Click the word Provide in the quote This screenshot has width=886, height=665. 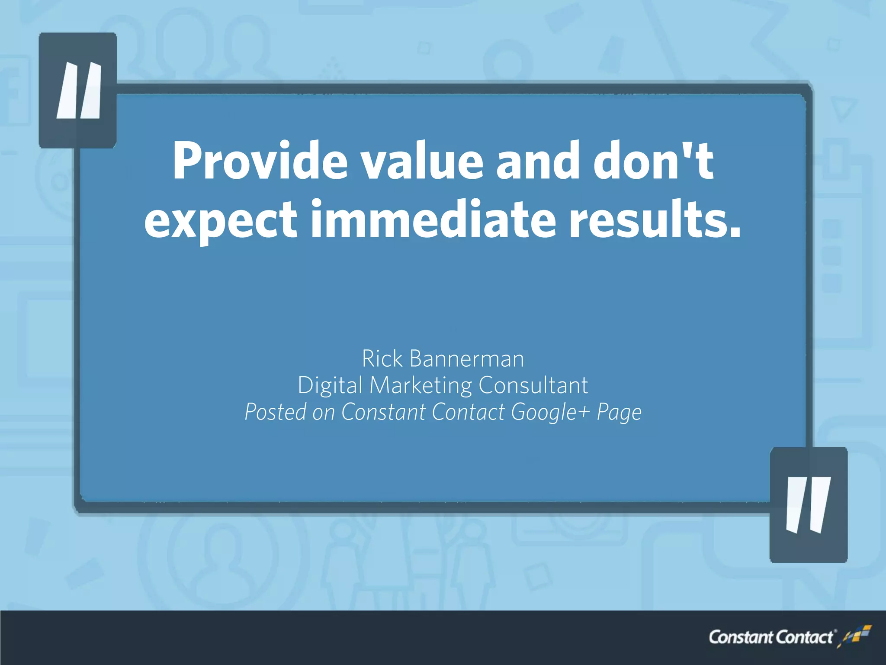click(x=260, y=161)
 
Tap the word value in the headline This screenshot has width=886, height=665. click(x=422, y=161)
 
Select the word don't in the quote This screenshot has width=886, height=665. click(x=653, y=161)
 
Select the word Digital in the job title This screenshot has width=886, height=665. click(x=330, y=385)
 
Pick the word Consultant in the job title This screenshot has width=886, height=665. click(x=533, y=385)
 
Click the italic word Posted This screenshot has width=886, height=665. click(x=275, y=412)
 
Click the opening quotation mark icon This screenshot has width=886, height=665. click(x=78, y=90)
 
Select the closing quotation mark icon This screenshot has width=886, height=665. click(x=808, y=505)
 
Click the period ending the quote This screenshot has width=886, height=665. click(x=735, y=234)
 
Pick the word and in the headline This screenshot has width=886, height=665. click(x=538, y=161)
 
